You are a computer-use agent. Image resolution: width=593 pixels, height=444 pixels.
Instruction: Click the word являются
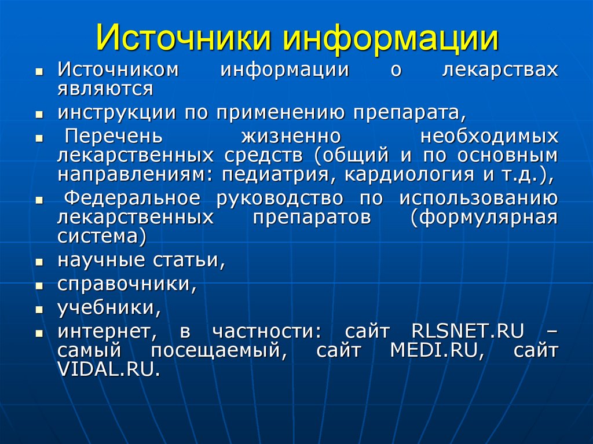click(x=105, y=89)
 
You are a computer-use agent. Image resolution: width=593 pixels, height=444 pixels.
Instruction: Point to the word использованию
click(x=478, y=199)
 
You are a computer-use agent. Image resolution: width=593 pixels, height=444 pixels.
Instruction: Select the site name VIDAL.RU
click(x=108, y=369)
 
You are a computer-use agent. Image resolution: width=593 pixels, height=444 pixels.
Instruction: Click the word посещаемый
click(x=219, y=351)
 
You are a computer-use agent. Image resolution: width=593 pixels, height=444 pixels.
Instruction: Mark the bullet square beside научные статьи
click(x=39, y=262)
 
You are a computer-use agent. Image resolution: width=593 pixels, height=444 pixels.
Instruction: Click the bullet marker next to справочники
click(x=39, y=286)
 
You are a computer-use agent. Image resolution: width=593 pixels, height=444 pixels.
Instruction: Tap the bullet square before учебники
click(x=39, y=309)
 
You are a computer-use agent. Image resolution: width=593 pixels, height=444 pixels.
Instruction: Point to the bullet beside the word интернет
click(x=39, y=333)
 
